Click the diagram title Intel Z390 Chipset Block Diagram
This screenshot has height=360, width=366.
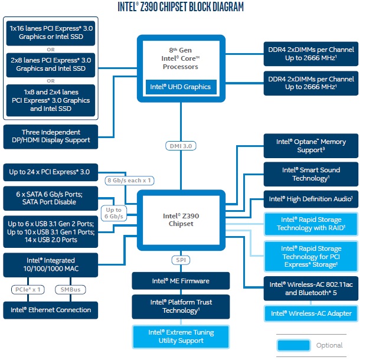tap(181, 8)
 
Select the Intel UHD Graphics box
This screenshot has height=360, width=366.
tap(181, 87)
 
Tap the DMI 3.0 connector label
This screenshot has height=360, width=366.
tap(181, 145)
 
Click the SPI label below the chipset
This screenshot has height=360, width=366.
tap(181, 260)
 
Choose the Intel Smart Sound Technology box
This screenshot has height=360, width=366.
tap(311, 174)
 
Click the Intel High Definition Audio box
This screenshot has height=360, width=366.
tap(311, 199)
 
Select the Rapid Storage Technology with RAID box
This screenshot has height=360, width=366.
tap(311, 224)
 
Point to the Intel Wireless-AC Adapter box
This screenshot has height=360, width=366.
tap(311, 313)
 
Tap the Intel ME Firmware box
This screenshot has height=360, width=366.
tap(181, 281)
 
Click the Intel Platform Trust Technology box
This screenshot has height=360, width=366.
tap(181, 306)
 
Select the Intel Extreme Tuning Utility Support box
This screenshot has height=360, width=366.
tap(181, 336)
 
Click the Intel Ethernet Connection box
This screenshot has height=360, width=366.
tap(51, 310)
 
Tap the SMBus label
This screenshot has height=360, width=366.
tap(74, 290)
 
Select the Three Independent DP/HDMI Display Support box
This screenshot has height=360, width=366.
tap(51, 136)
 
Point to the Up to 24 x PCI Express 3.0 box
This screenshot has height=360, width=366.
tap(51, 172)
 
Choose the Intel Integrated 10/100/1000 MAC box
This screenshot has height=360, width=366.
tap(51, 264)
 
